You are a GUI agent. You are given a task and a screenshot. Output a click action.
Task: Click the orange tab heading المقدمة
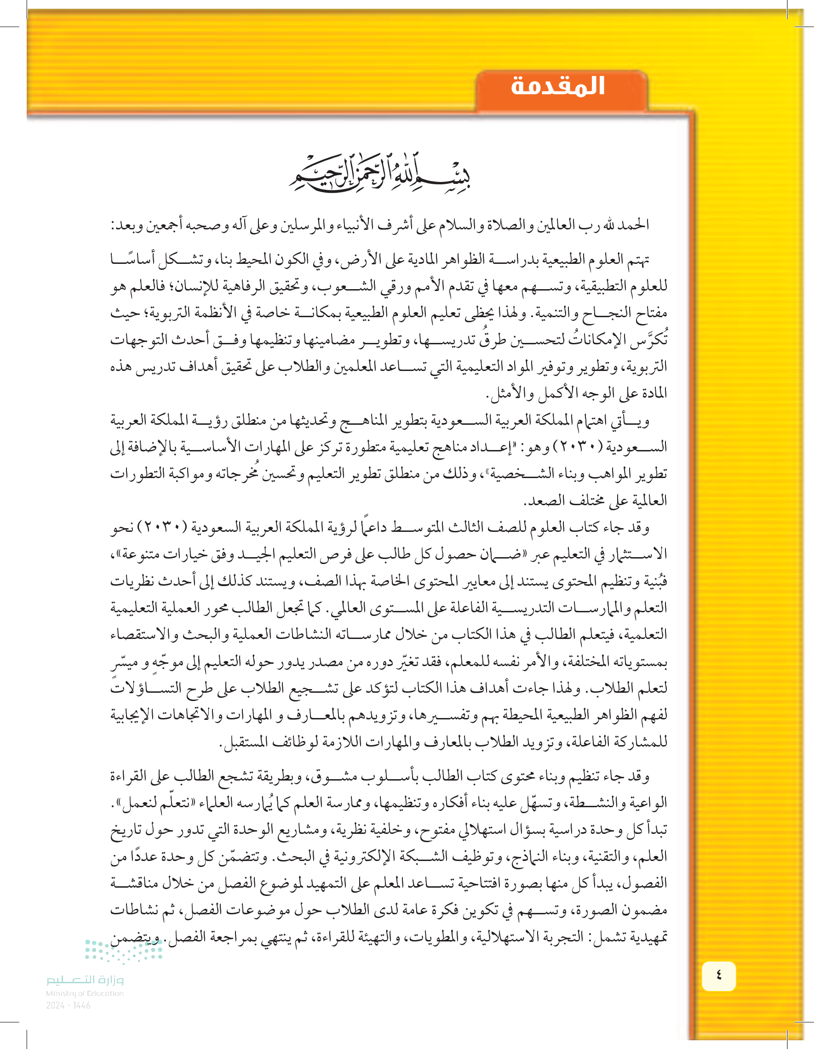pos(557,86)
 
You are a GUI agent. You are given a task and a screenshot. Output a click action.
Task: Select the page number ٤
pos(718,975)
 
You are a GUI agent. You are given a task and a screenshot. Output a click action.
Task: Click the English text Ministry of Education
pos(85,993)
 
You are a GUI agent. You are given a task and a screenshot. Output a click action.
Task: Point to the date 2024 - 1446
pos(68,1005)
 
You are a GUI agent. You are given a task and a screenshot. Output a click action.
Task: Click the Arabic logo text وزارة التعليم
pos(85,980)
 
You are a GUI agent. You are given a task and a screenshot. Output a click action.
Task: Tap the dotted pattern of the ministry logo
pos(124,951)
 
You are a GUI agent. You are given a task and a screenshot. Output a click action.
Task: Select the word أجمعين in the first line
pos(166,224)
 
